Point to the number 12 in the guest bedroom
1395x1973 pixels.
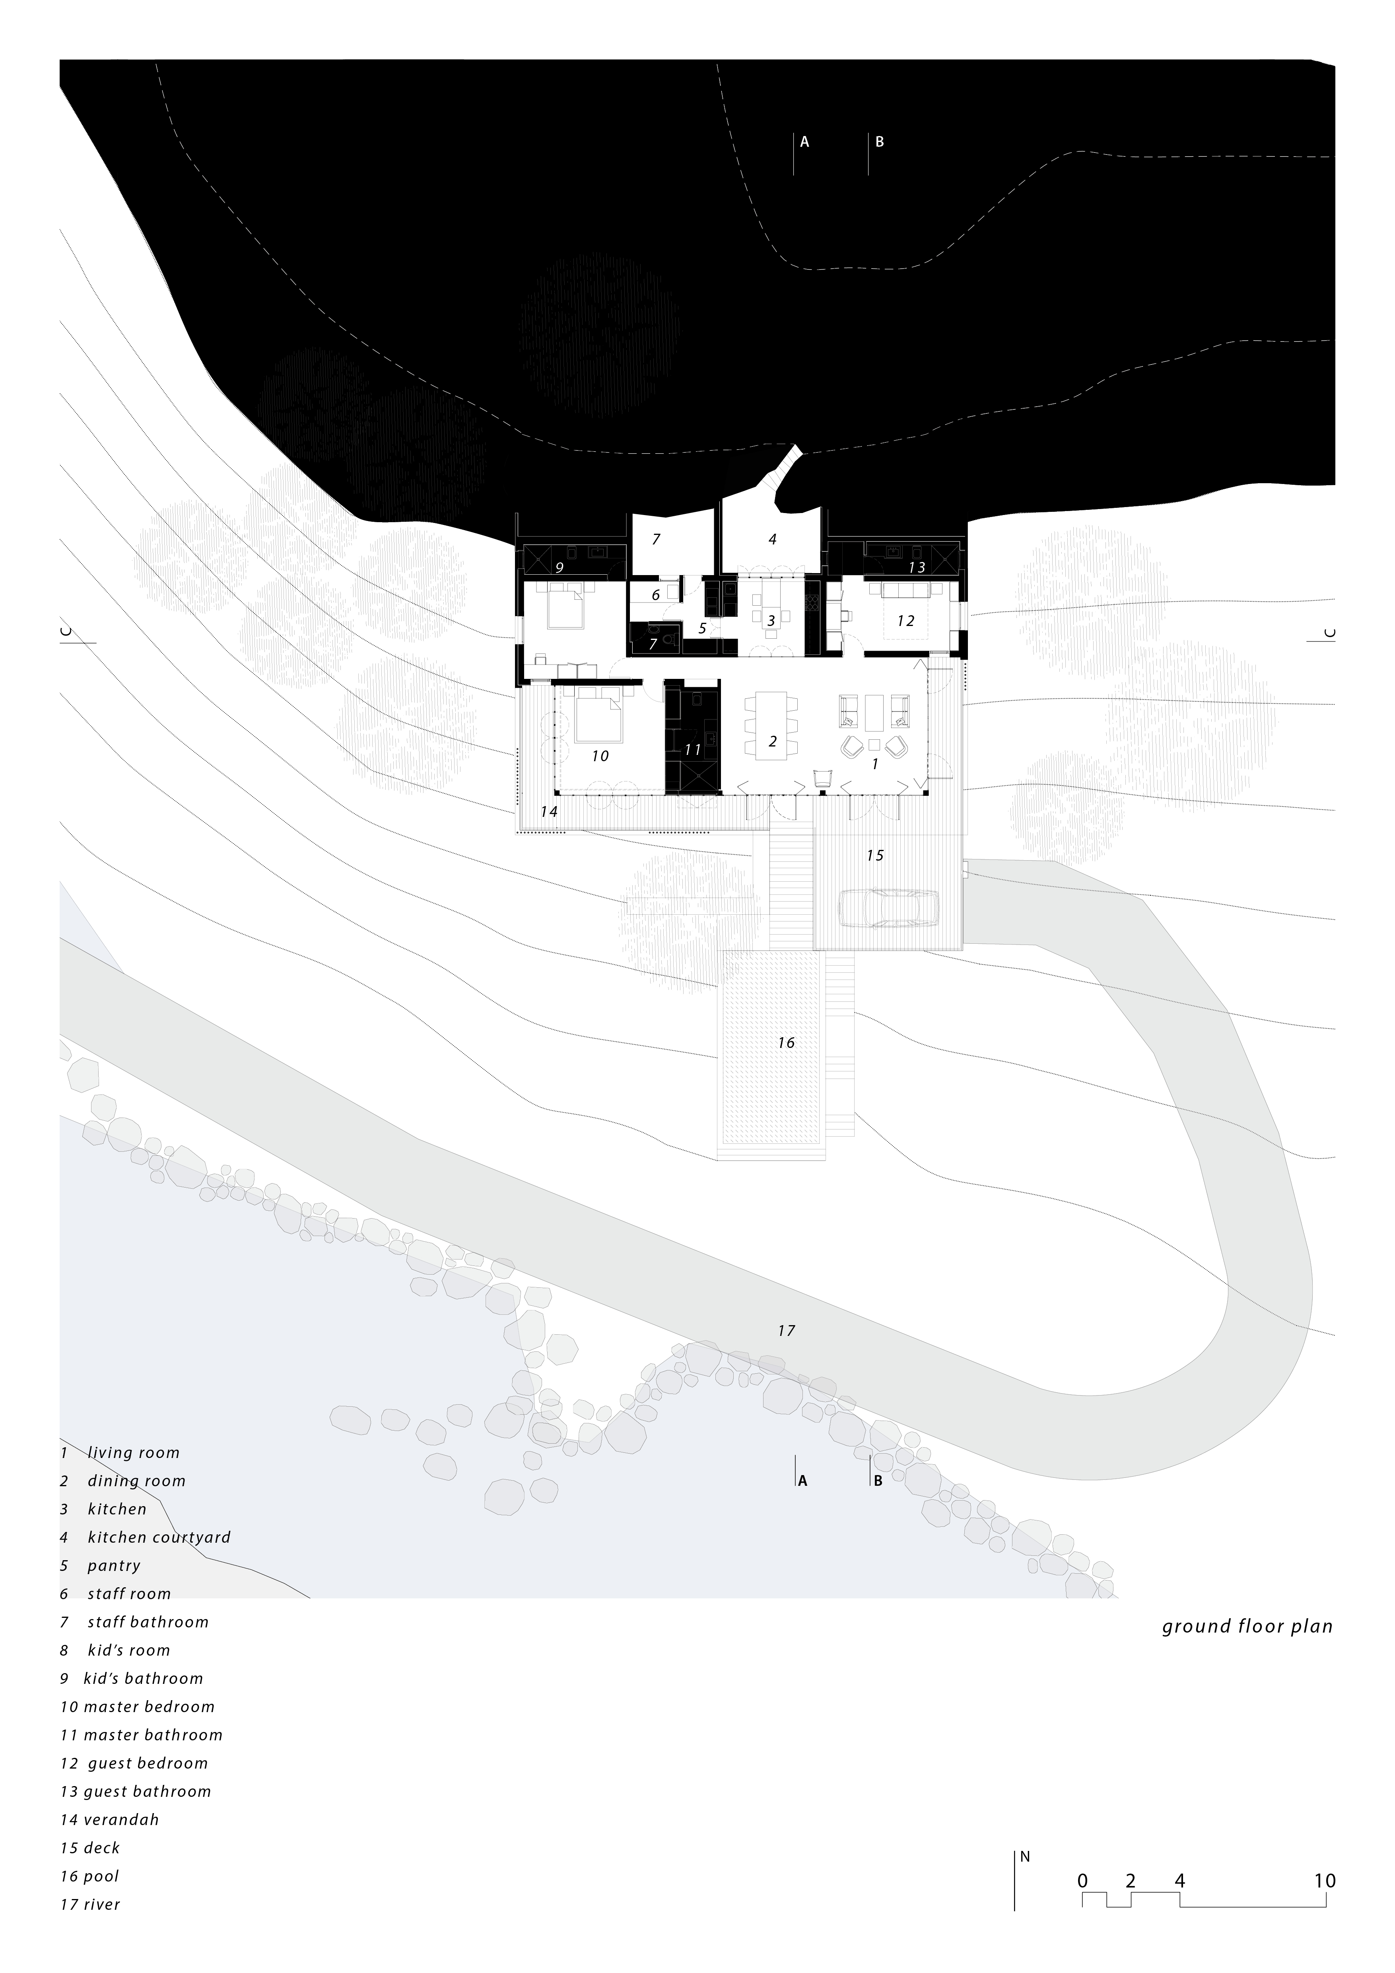tap(905, 620)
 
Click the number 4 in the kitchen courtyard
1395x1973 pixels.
tap(772, 540)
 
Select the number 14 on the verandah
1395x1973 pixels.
tap(549, 811)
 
